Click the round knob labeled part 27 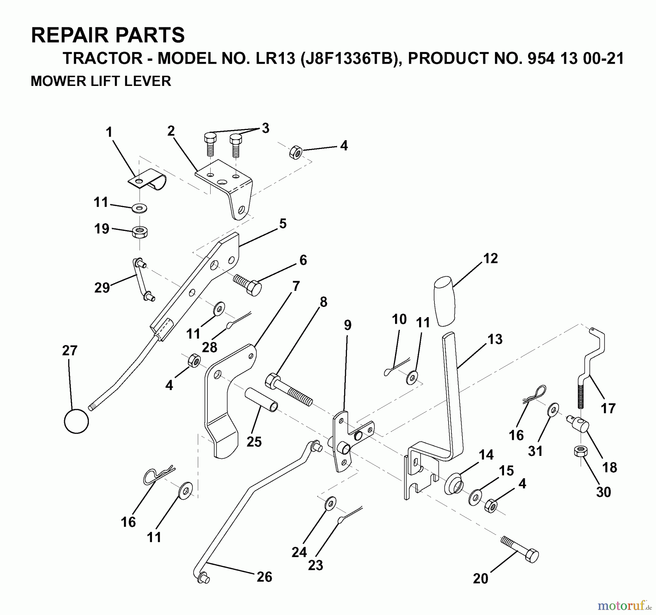click(x=76, y=421)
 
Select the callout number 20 click(x=480, y=579)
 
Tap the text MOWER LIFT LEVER click(x=101, y=81)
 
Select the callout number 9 click(x=347, y=325)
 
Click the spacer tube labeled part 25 click(x=261, y=399)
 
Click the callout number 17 click(x=608, y=408)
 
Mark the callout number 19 click(x=102, y=229)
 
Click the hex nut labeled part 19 click(x=140, y=232)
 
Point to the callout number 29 click(x=102, y=288)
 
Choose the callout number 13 click(x=495, y=339)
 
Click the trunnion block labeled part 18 click(x=579, y=423)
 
